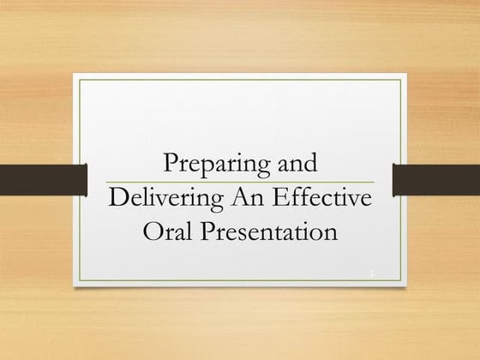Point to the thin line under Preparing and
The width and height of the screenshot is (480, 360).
[x=240, y=182]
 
